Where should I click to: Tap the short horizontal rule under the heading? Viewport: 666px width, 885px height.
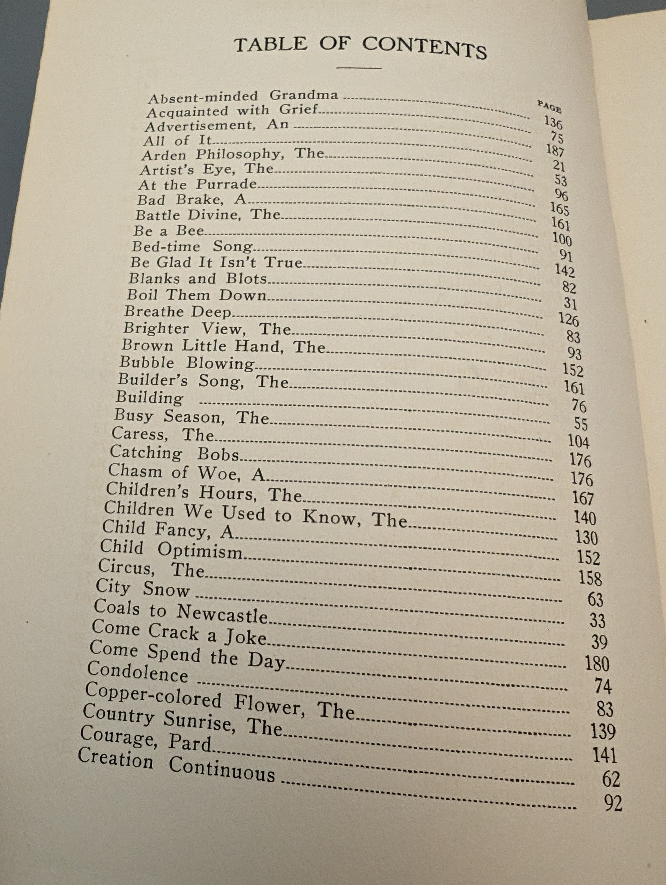point(359,68)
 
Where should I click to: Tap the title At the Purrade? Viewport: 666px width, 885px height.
point(198,184)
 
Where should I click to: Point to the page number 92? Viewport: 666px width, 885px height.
point(613,803)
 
